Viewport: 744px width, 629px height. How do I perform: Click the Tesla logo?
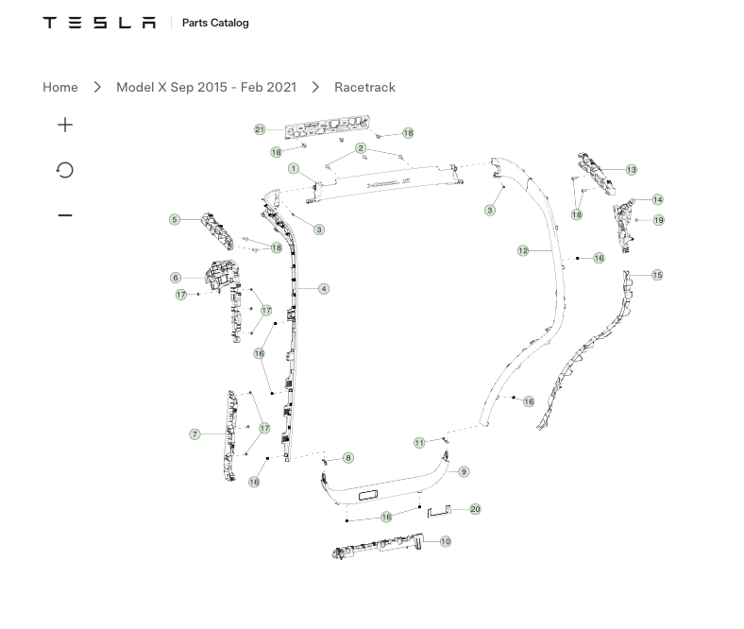(x=99, y=23)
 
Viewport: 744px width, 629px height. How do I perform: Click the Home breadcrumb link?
(x=60, y=87)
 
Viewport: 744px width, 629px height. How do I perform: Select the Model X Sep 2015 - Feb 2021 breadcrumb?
(x=207, y=87)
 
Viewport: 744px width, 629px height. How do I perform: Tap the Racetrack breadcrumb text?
(x=364, y=87)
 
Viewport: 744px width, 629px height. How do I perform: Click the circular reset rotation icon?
(x=65, y=170)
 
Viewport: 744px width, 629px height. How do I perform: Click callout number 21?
(x=260, y=129)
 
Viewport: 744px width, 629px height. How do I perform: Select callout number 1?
(x=294, y=168)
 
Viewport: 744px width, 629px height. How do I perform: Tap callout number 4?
(x=324, y=289)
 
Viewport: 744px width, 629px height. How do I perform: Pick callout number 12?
(x=523, y=250)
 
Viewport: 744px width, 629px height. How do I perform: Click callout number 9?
(x=464, y=472)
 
